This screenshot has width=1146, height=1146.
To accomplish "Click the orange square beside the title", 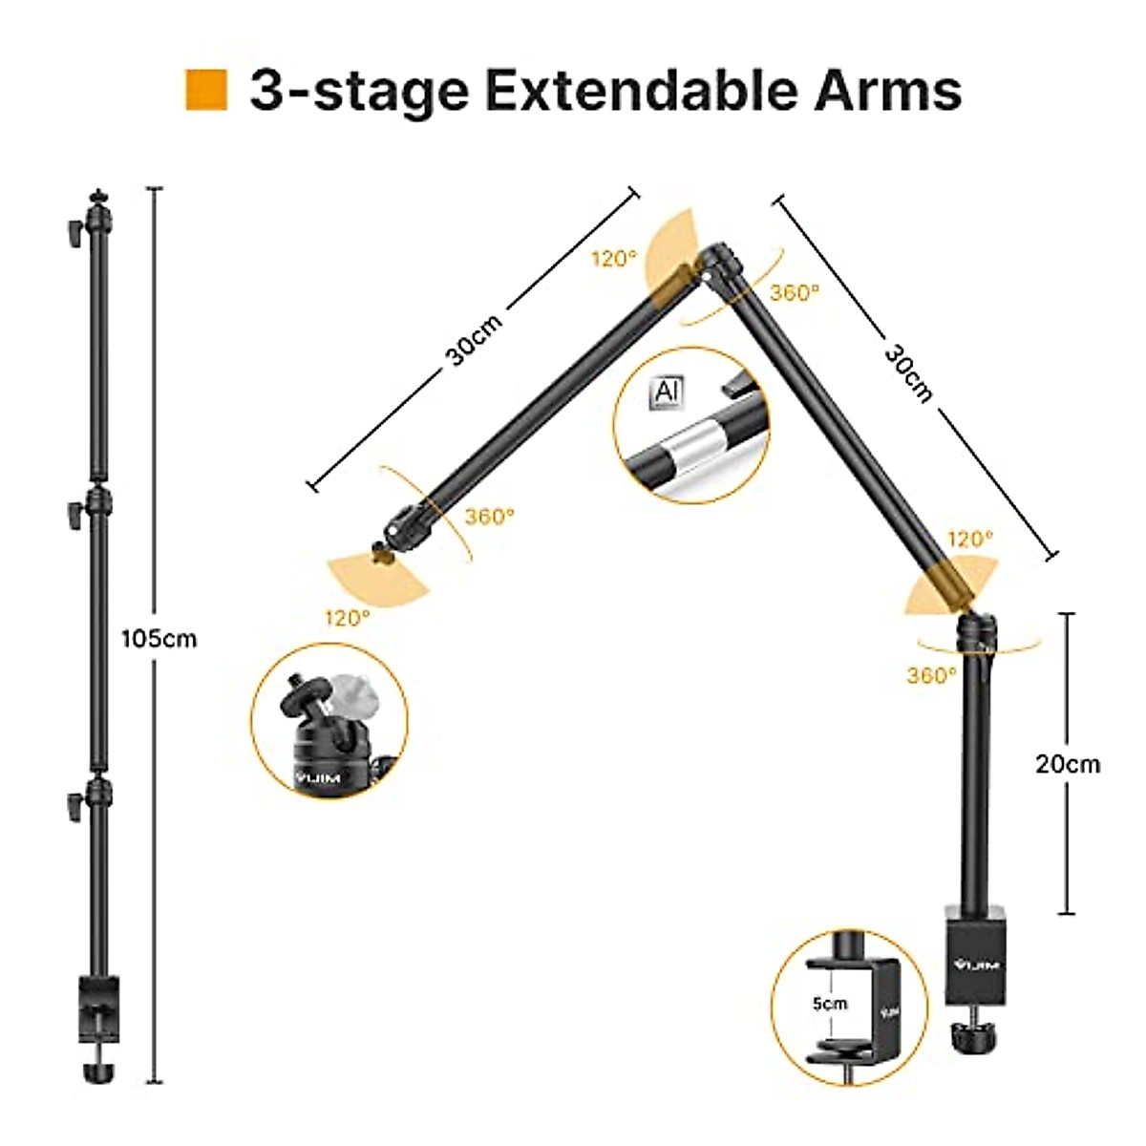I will (x=205, y=90).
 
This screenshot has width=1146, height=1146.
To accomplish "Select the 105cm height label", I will (x=159, y=638).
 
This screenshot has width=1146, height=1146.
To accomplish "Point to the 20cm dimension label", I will (x=1068, y=764).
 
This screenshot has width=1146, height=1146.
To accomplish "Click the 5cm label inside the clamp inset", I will (x=829, y=1003).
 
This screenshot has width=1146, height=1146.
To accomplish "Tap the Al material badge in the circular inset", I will (x=663, y=393).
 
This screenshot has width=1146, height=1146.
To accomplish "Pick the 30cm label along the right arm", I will (x=907, y=372).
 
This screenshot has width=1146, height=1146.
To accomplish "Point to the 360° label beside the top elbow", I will (x=795, y=293).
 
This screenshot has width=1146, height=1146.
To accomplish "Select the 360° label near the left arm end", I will (x=489, y=516).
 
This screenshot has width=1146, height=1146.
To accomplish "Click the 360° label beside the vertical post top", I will (x=931, y=675).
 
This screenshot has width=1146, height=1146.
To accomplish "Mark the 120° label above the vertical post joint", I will (x=970, y=540).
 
